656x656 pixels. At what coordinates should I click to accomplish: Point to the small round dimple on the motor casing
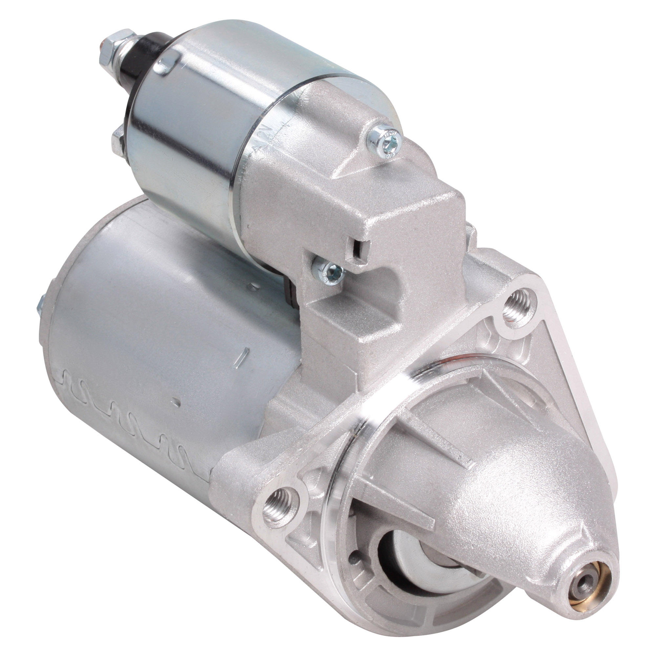click(x=176, y=402)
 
